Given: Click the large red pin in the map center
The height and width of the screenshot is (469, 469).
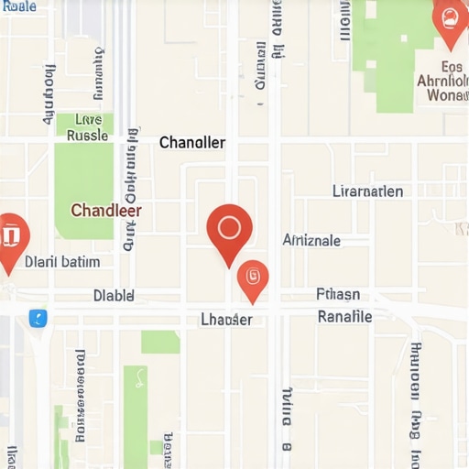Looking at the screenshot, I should (229, 228).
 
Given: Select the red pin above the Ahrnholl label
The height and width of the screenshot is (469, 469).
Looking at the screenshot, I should (449, 20).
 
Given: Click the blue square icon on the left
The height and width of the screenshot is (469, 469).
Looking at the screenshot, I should (38, 318).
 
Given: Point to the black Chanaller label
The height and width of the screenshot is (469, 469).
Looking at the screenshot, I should (191, 143).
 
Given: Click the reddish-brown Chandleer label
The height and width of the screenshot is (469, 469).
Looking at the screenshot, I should (105, 210).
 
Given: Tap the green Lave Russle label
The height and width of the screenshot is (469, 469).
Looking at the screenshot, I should (87, 127).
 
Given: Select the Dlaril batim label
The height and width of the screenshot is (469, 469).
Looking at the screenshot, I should (61, 261).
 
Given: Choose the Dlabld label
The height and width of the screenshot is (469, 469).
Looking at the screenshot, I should (114, 296).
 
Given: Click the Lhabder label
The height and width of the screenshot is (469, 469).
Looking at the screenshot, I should (226, 320).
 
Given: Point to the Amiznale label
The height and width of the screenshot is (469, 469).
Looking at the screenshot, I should (311, 240).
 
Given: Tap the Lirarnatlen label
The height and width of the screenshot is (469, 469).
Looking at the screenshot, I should (367, 191).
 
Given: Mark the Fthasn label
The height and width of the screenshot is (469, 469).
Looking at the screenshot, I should (338, 295).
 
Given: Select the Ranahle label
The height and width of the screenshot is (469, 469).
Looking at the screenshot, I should (344, 316).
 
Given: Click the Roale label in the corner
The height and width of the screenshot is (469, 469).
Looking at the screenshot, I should (18, 6).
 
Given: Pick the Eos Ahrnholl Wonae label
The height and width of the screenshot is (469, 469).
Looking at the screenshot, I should (441, 80).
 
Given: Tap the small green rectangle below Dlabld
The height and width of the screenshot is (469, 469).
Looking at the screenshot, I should (160, 343).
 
